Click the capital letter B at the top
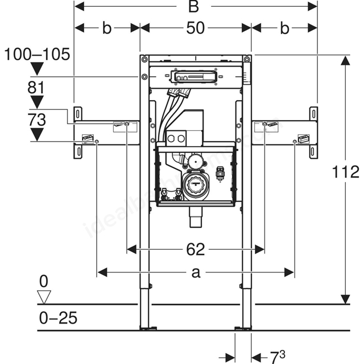pyautogui.click(x=193, y=7)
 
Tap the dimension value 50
pyautogui.click(x=196, y=28)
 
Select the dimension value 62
pyautogui.click(x=196, y=250)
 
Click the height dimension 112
pyautogui.click(x=345, y=172)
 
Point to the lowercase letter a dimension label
pyautogui.click(x=196, y=272)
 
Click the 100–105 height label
pyautogui.click(x=37, y=55)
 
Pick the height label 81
pyautogui.click(x=36, y=88)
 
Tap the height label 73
pyautogui.click(x=36, y=120)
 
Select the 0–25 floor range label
pyautogui.click(x=58, y=318)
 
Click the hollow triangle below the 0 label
pyautogui.click(x=44, y=296)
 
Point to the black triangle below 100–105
pyautogui.click(x=37, y=68)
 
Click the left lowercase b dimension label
pyautogui.click(x=107, y=28)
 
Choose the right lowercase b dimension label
pyautogui.click(x=284, y=28)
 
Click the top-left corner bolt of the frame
pyautogui.click(x=144, y=59)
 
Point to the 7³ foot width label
pyautogui.click(x=278, y=357)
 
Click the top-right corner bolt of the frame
pyautogui.click(x=247, y=59)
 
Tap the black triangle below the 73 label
pyautogui.click(x=37, y=135)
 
